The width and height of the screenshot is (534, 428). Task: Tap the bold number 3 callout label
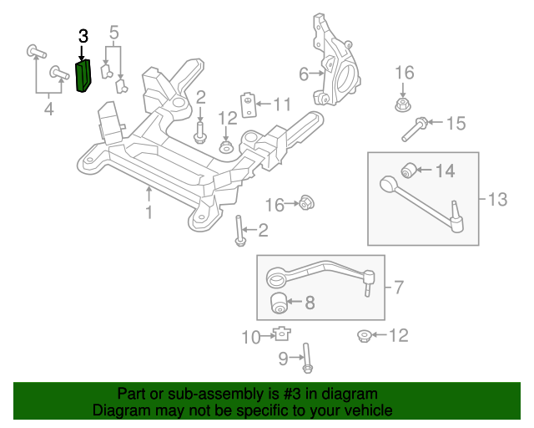(83, 36)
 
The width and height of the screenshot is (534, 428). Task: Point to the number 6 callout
(304, 74)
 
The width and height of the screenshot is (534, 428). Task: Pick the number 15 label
(455, 124)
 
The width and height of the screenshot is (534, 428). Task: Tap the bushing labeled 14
(410, 171)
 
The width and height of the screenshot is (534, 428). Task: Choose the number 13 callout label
(497, 199)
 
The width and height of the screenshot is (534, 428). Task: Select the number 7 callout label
(398, 288)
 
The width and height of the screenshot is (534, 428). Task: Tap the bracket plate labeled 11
(249, 104)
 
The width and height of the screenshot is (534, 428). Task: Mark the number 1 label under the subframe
(149, 212)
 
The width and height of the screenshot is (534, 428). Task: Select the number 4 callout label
(48, 109)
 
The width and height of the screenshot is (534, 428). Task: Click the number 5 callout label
(114, 33)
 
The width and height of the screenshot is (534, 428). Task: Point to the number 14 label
(445, 171)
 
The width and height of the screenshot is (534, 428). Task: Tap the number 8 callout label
(309, 303)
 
